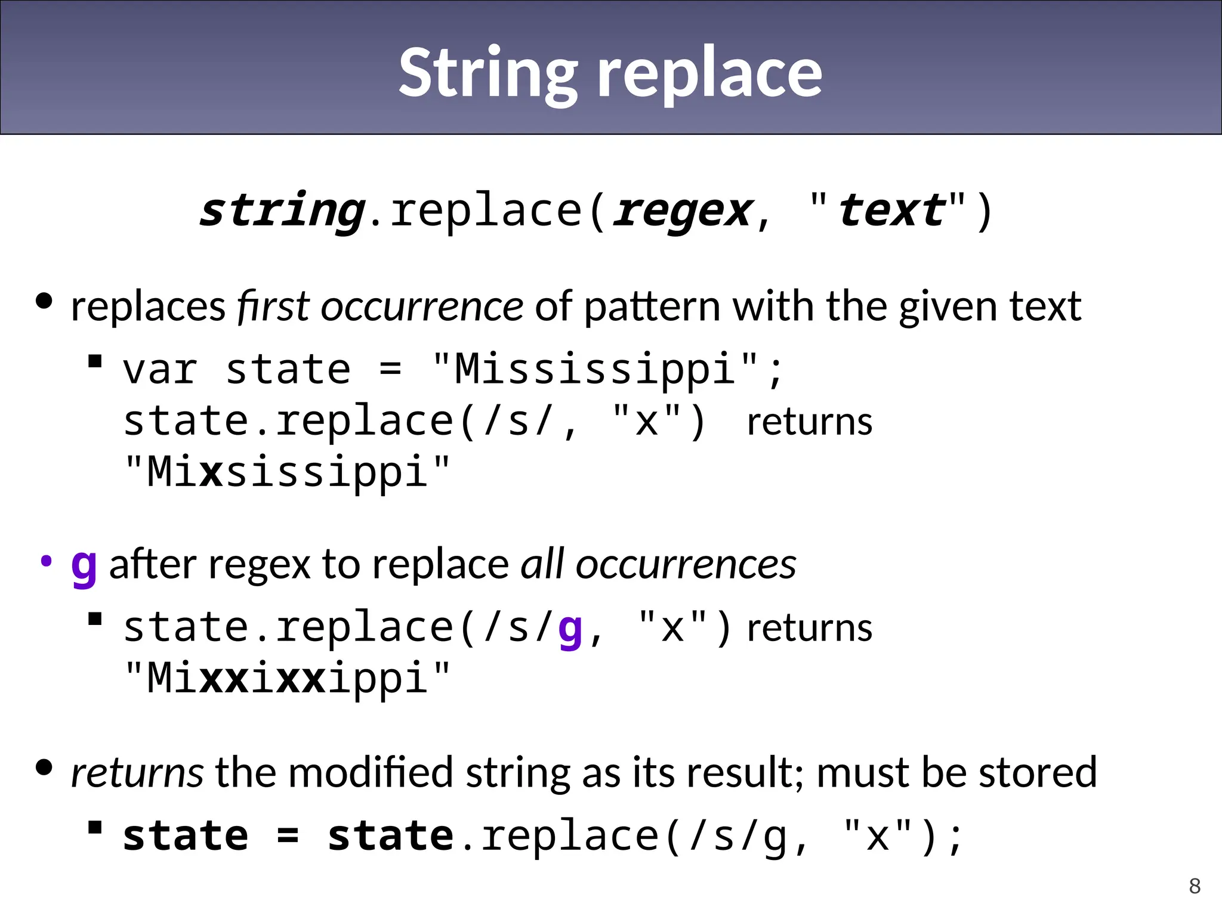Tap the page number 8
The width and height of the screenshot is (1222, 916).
[x=1195, y=886]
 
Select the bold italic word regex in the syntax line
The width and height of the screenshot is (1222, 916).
[x=684, y=211]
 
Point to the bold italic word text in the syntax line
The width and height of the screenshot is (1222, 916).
[x=891, y=211]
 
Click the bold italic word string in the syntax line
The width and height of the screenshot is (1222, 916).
[x=282, y=211]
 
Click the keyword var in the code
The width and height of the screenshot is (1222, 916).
[x=160, y=369]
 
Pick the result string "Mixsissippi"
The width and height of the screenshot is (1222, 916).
[x=287, y=472]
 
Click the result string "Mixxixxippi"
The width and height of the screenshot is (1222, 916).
[x=287, y=678]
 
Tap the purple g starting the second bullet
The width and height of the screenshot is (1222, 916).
[x=84, y=567]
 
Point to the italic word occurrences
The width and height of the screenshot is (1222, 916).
[x=686, y=564]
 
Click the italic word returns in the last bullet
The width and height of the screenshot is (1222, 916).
[x=137, y=773]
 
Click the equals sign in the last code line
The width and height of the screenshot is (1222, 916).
[x=288, y=836]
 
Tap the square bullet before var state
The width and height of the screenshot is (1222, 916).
[x=95, y=361]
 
